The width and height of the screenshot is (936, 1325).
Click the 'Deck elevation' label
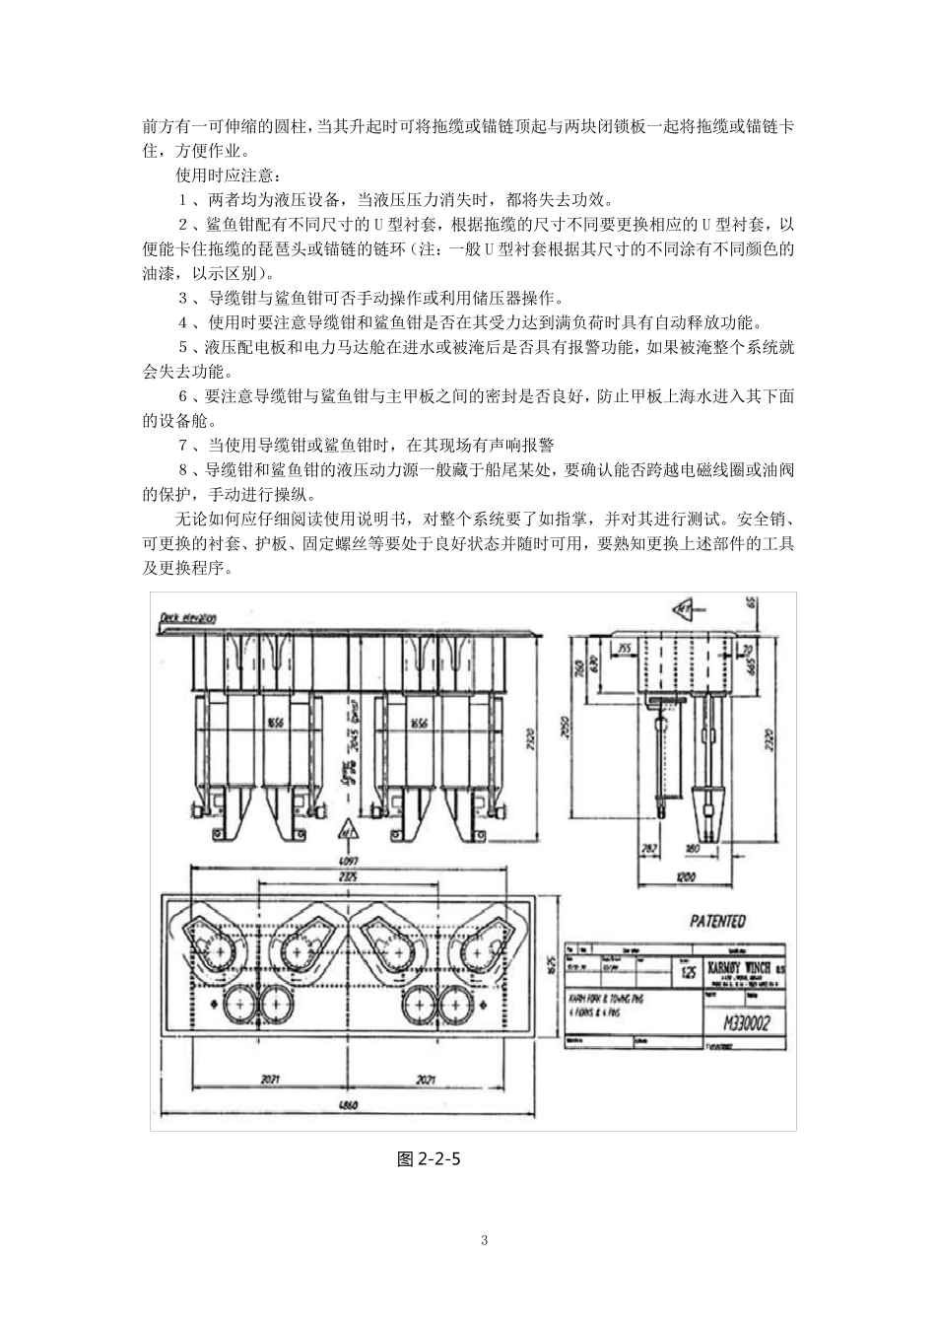(x=187, y=618)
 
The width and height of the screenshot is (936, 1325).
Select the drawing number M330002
(x=740, y=1023)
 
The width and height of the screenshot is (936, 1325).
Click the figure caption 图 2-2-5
(x=429, y=1159)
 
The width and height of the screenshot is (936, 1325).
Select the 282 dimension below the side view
(x=649, y=847)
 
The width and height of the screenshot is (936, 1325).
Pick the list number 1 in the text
(x=183, y=200)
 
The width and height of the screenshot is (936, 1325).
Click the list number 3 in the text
(x=183, y=298)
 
